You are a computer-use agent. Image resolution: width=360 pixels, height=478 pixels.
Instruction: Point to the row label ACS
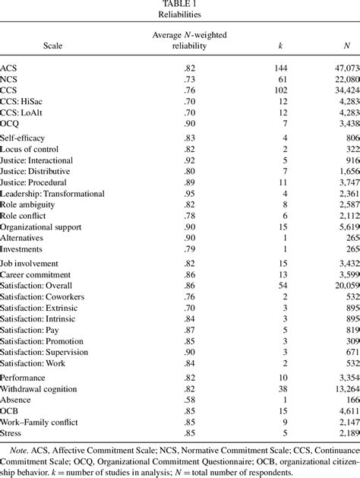tap(11, 68)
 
